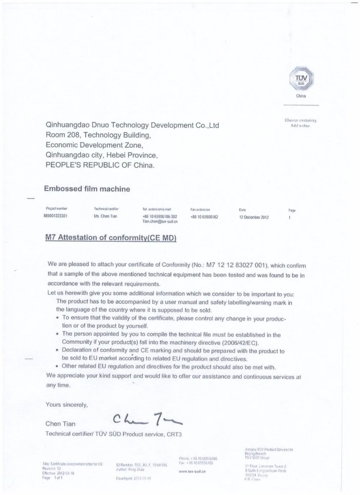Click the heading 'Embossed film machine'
pyautogui.click(x=87, y=189)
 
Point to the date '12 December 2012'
pyautogui.click(x=254, y=217)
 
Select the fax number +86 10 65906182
pyautogui.click(x=204, y=217)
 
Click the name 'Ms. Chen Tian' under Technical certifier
pyautogui.click(x=105, y=216)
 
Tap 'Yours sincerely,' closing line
pyautogui.click(x=67, y=405)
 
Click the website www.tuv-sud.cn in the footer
pyautogui.click(x=192, y=471)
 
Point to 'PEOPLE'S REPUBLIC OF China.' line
pyautogui.click(x=100, y=165)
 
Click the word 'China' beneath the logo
pyautogui.click(x=301, y=96)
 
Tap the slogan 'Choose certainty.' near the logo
pyautogui.click(x=301, y=121)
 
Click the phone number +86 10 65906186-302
pyautogui.click(x=160, y=217)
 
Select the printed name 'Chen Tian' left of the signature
pyautogui.click(x=60, y=424)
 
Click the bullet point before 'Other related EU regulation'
pyautogui.click(x=58, y=367)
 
